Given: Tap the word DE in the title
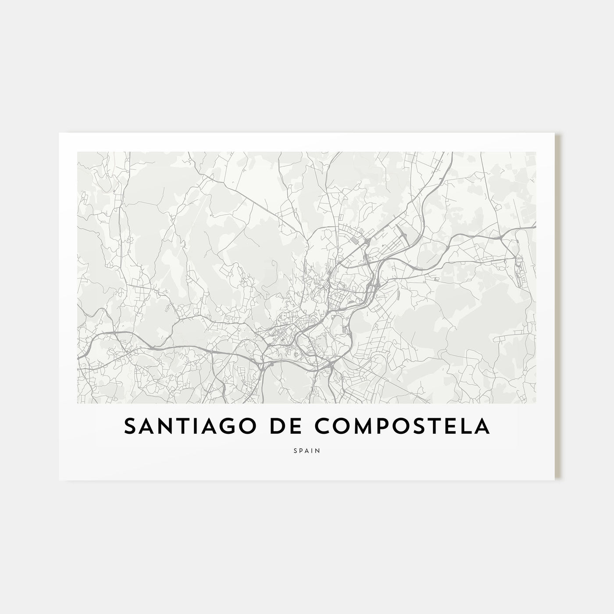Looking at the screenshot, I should [272, 427].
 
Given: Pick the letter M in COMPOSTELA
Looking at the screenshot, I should [351, 427].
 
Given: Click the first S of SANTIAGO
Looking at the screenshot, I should [130, 427].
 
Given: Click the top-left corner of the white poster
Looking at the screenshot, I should [59, 133].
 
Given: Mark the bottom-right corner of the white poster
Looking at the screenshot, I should [555, 480].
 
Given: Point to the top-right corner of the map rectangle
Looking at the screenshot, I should [536, 152].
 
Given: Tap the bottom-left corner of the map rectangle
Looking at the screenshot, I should [77, 403].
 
